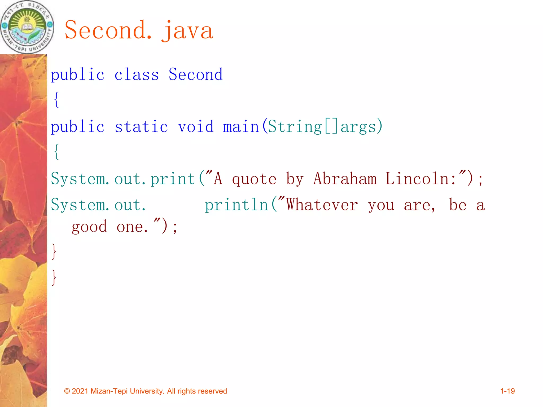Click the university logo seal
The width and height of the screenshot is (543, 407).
click(27, 27)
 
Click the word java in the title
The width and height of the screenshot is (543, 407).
click(187, 30)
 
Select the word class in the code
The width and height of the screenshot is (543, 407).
click(137, 75)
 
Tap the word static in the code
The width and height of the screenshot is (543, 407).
click(141, 127)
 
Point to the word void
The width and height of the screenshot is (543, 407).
click(196, 127)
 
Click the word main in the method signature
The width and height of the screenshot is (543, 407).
click(241, 127)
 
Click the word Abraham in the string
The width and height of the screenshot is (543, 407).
click(345, 179)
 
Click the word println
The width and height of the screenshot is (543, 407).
click(237, 205)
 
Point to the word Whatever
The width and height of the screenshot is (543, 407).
click(322, 205)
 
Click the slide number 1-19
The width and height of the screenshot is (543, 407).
click(507, 391)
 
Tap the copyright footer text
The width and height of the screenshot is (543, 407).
click(146, 391)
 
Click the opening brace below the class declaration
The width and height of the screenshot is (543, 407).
click(56, 100)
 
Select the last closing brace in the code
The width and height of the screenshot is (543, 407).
click(54, 277)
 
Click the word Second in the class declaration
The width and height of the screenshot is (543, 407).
click(196, 74)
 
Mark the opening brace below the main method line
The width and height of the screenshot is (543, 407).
click(56, 152)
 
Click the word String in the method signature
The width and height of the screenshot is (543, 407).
click(295, 127)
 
